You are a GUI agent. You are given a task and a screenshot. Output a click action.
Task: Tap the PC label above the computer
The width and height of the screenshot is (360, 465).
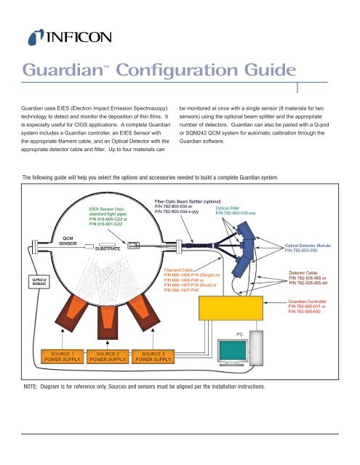pos(240,333)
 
